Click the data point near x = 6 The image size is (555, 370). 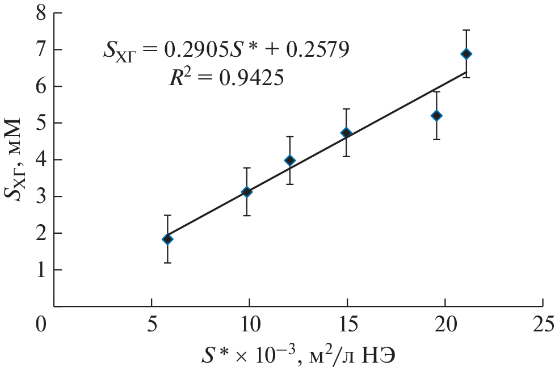pyautogui.click(x=167, y=239)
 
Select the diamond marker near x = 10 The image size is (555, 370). pyautogui.click(x=247, y=192)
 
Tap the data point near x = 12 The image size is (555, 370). pyautogui.click(x=290, y=161)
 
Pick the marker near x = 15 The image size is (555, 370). pyautogui.click(x=346, y=133)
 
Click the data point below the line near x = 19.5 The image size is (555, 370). pyautogui.click(x=436, y=116)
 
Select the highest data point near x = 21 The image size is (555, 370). pyautogui.click(x=466, y=54)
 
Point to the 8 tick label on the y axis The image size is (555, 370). pyautogui.click(x=41, y=13)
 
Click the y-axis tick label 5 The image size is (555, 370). pyautogui.click(x=41, y=123)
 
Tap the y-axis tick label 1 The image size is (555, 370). pyautogui.click(x=41, y=270)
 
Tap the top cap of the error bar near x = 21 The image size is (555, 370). pyautogui.click(x=466, y=30)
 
